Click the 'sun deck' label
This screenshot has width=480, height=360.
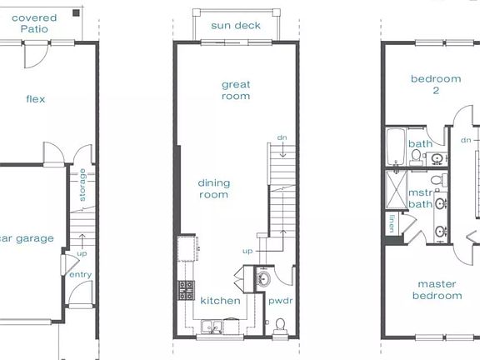(x=236, y=26)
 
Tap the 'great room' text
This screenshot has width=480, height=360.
(x=236, y=90)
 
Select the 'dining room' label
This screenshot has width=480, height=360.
(x=212, y=189)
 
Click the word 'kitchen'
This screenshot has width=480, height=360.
(x=220, y=301)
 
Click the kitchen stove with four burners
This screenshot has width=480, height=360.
(x=185, y=290)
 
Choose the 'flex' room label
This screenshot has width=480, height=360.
(x=35, y=99)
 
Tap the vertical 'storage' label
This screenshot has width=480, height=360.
(x=82, y=185)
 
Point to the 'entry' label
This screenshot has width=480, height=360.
(x=81, y=275)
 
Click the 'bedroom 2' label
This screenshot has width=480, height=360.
(x=435, y=85)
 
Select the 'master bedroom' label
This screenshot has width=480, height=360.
(x=438, y=289)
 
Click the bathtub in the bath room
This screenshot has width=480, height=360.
(x=395, y=147)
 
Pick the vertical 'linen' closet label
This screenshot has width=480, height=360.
(x=392, y=223)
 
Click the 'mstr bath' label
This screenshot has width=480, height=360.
(x=419, y=198)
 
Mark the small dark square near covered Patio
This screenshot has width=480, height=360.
(x=76, y=12)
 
